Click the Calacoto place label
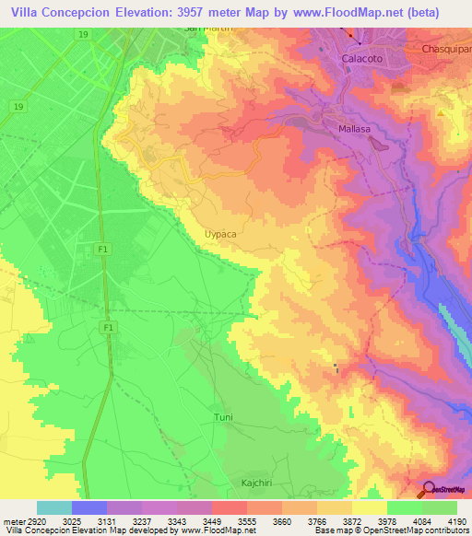(x=362, y=57)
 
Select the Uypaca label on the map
(x=220, y=235)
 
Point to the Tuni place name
(x=223, y=417)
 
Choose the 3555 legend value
(x=246, y=520)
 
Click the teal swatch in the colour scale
(x=53, y=507)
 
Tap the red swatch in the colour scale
(x=229, y=507)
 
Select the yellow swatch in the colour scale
(x=369, y=507)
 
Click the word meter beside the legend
(x=13, y=520)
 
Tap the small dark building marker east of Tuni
(x=336, y=369)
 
